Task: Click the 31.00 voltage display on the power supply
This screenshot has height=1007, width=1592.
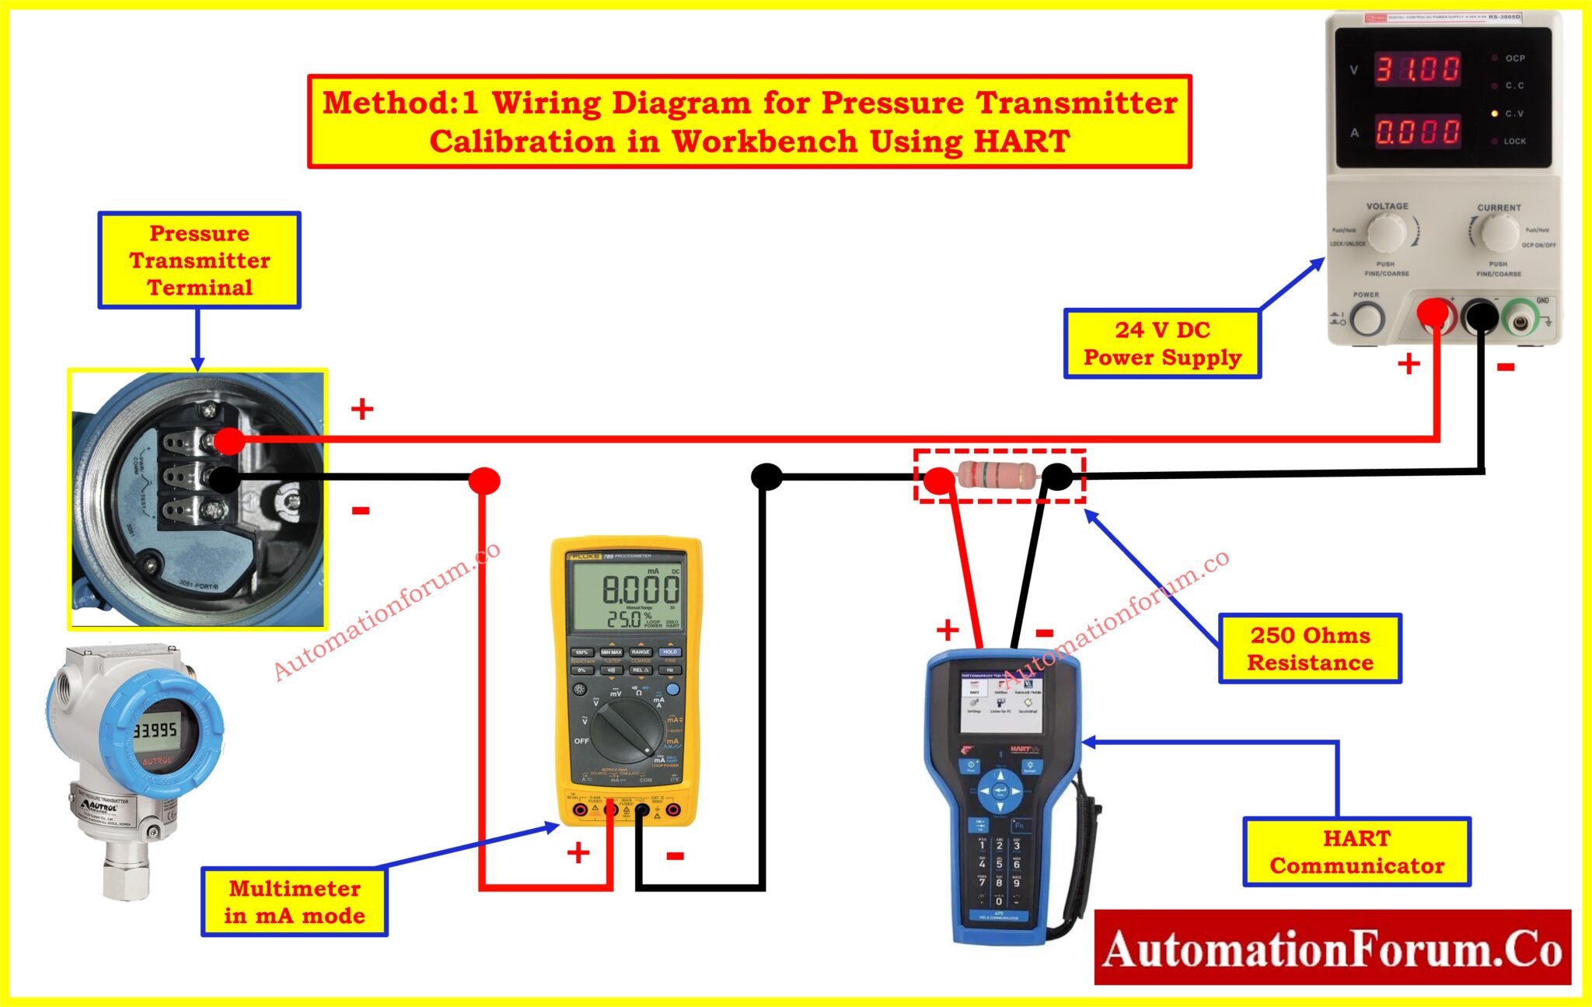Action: tap(1417, 69)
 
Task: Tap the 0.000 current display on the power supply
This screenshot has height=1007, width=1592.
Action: tap(1417, 131)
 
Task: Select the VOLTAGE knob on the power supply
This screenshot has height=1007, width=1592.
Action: tap(1386, 232)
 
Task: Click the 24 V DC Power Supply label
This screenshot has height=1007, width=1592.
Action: tap(1162, 344)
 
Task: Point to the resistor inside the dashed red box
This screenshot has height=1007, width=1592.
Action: tap(997, 474)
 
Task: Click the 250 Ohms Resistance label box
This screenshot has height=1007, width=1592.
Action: tap(1310, 649)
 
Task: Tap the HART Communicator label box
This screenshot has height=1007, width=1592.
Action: tap(1356, 851)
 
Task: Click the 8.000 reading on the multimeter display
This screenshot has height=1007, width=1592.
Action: tap(640, 589)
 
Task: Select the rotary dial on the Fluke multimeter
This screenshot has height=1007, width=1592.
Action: tap(627, 729)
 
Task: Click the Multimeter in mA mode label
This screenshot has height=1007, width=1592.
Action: tap(295, 902)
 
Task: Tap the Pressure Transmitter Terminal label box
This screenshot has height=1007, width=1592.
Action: tap(199, 260)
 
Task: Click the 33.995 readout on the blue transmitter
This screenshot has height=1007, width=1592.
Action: tap(155, 730)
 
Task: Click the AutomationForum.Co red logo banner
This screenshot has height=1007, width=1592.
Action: tap(1332, 948)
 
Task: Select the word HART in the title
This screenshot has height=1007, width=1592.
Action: tap(1021, 142)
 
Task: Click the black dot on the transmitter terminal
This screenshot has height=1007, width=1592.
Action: tap(225, 479)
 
